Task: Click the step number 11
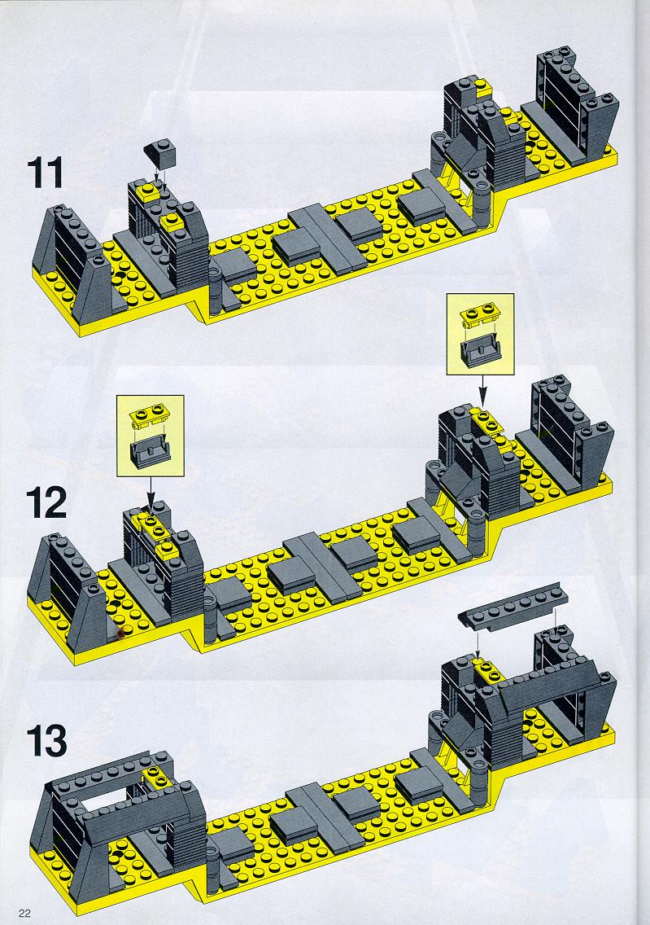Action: pos(45,173)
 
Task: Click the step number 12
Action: pos(46,503)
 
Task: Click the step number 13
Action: pos(46,741)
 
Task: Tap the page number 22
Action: pos(24,914)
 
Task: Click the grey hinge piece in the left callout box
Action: pos(149,451)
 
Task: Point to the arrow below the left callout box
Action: pos(151,493)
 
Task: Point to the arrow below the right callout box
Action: pos(483,390)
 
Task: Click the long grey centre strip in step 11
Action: pos(327,236)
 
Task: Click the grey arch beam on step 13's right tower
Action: pos(548,686)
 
